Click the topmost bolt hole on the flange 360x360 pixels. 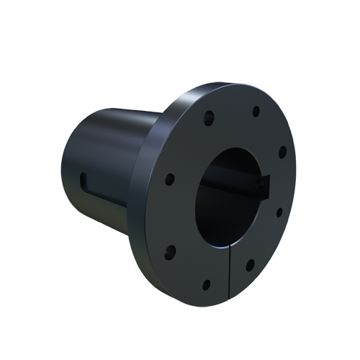(x=256, y=110)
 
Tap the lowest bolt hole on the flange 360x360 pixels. (x=206, y=284)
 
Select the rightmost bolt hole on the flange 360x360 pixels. (x=282, y=152)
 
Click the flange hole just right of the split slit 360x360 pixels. (x=250, y=265)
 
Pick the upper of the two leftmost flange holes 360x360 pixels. (x=170, y=179)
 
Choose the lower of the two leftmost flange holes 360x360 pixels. (x=171, y=251)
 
